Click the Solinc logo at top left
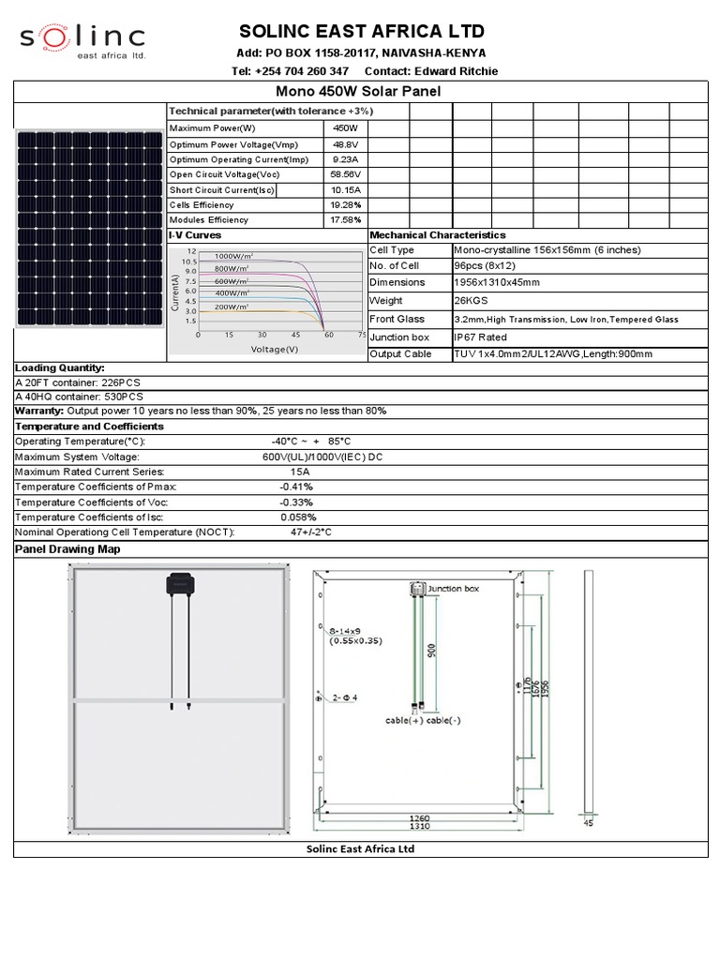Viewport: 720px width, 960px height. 82,39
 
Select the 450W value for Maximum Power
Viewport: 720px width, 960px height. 346,127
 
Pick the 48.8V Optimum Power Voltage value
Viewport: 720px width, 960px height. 346,144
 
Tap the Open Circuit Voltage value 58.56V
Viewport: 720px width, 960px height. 346,174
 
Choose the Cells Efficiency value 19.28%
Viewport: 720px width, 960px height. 346,204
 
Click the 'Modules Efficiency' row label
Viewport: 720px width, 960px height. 209,219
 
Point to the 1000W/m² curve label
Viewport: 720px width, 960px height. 233,256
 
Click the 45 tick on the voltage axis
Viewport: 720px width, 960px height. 295,335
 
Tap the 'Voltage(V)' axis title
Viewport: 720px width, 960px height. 274,349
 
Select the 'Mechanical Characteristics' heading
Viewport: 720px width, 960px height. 438,234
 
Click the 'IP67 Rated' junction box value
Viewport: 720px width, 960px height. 480,337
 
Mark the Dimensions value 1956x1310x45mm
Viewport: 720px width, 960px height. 496,282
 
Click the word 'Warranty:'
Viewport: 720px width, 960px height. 39,411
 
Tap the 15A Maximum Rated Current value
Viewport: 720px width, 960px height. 299,472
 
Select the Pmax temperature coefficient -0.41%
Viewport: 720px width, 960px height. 296,487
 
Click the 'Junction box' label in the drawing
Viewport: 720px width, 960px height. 453,589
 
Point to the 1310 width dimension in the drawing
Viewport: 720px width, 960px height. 419,826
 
